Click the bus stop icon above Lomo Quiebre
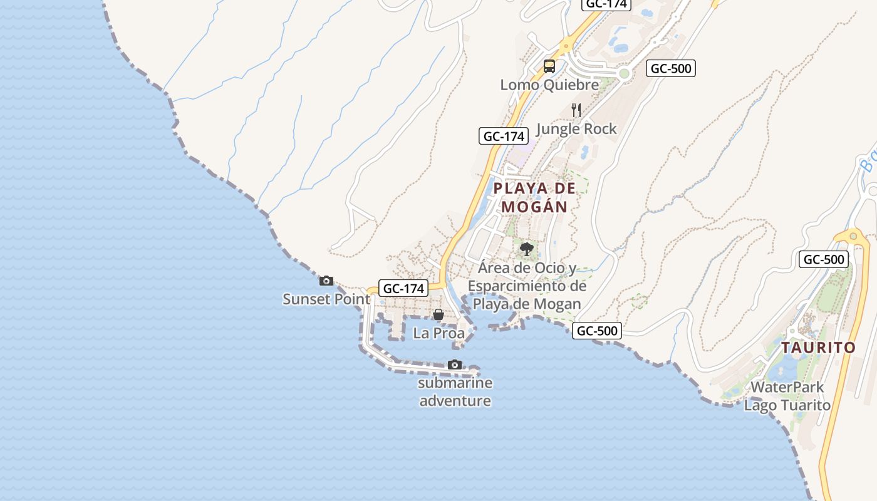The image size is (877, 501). click(x=549, y=66)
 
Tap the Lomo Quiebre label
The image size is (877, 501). click(x=549, y=85)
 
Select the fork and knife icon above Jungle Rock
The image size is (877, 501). click(x=577, y=110)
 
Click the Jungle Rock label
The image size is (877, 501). click(x=576, y=129)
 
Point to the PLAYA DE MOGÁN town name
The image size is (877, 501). click(x=534, y=197)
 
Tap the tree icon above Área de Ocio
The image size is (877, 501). click(x=527, y=249)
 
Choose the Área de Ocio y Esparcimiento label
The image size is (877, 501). click(x=527, y=286)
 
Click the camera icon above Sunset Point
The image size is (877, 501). click(x=326, y=281)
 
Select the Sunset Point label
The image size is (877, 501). click(x=326, y=299)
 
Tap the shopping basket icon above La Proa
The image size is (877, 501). click(x=438, y=314)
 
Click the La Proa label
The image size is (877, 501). click(x=438, y=333)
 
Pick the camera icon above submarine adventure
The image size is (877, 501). click(x=455, y=364)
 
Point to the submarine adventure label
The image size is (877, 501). click(x=455, y=392)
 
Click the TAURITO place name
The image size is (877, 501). click(x=818, y=348)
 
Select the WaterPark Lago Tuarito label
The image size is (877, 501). click(x=787, y=396)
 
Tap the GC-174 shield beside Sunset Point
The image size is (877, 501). click(x=404, y=289)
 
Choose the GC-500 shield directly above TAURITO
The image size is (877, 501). click(x=823, y=259)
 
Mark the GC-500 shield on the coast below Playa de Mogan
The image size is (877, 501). click(x=597, y=331)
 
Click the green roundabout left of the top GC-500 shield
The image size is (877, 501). click(x=624, y=73)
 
